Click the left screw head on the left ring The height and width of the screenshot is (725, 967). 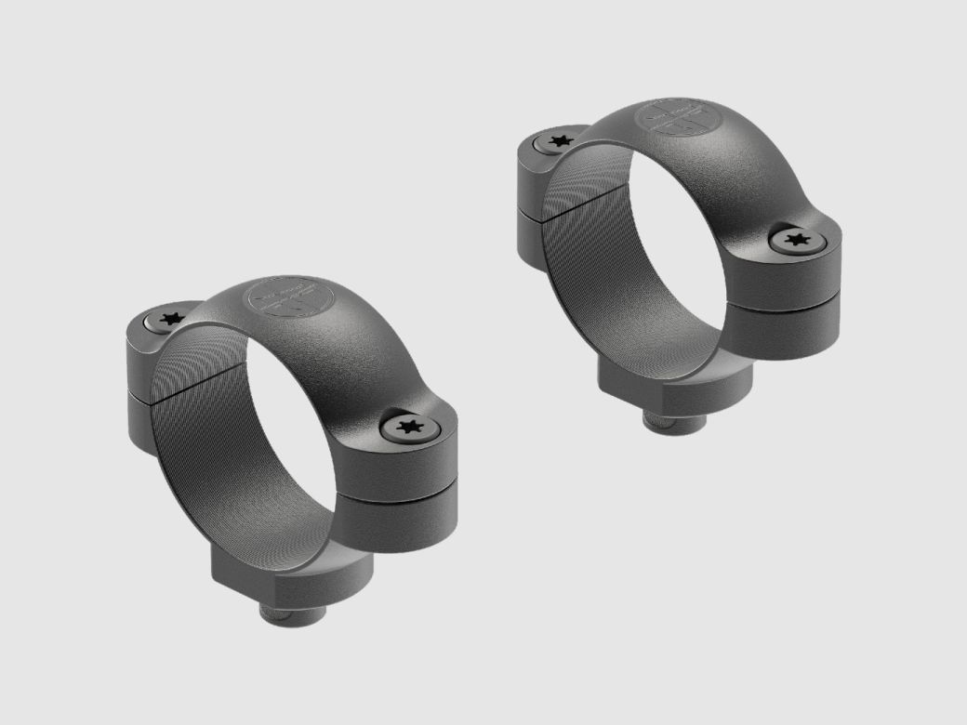(x=168, y=319)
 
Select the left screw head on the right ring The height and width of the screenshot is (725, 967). (x=558, y=141)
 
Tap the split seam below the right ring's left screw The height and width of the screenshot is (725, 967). (x=535, y=207)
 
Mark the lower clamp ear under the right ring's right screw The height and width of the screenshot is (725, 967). (x=786, y=321)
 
